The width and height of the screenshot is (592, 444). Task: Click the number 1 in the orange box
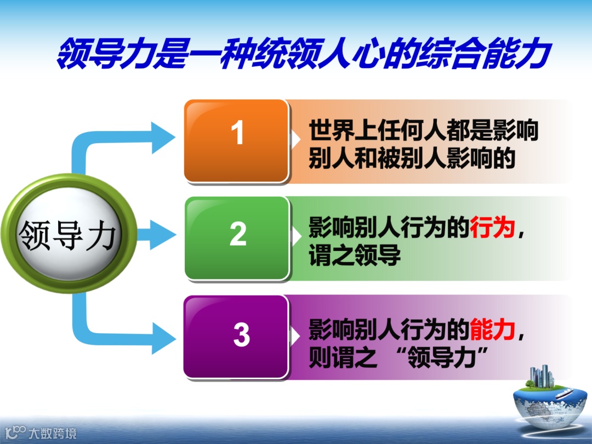[237, 133]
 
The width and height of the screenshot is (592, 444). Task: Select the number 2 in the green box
[238, 235]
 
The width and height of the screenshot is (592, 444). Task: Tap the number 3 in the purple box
[241, 335]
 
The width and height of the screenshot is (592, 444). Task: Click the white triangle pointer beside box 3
[296, 335]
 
